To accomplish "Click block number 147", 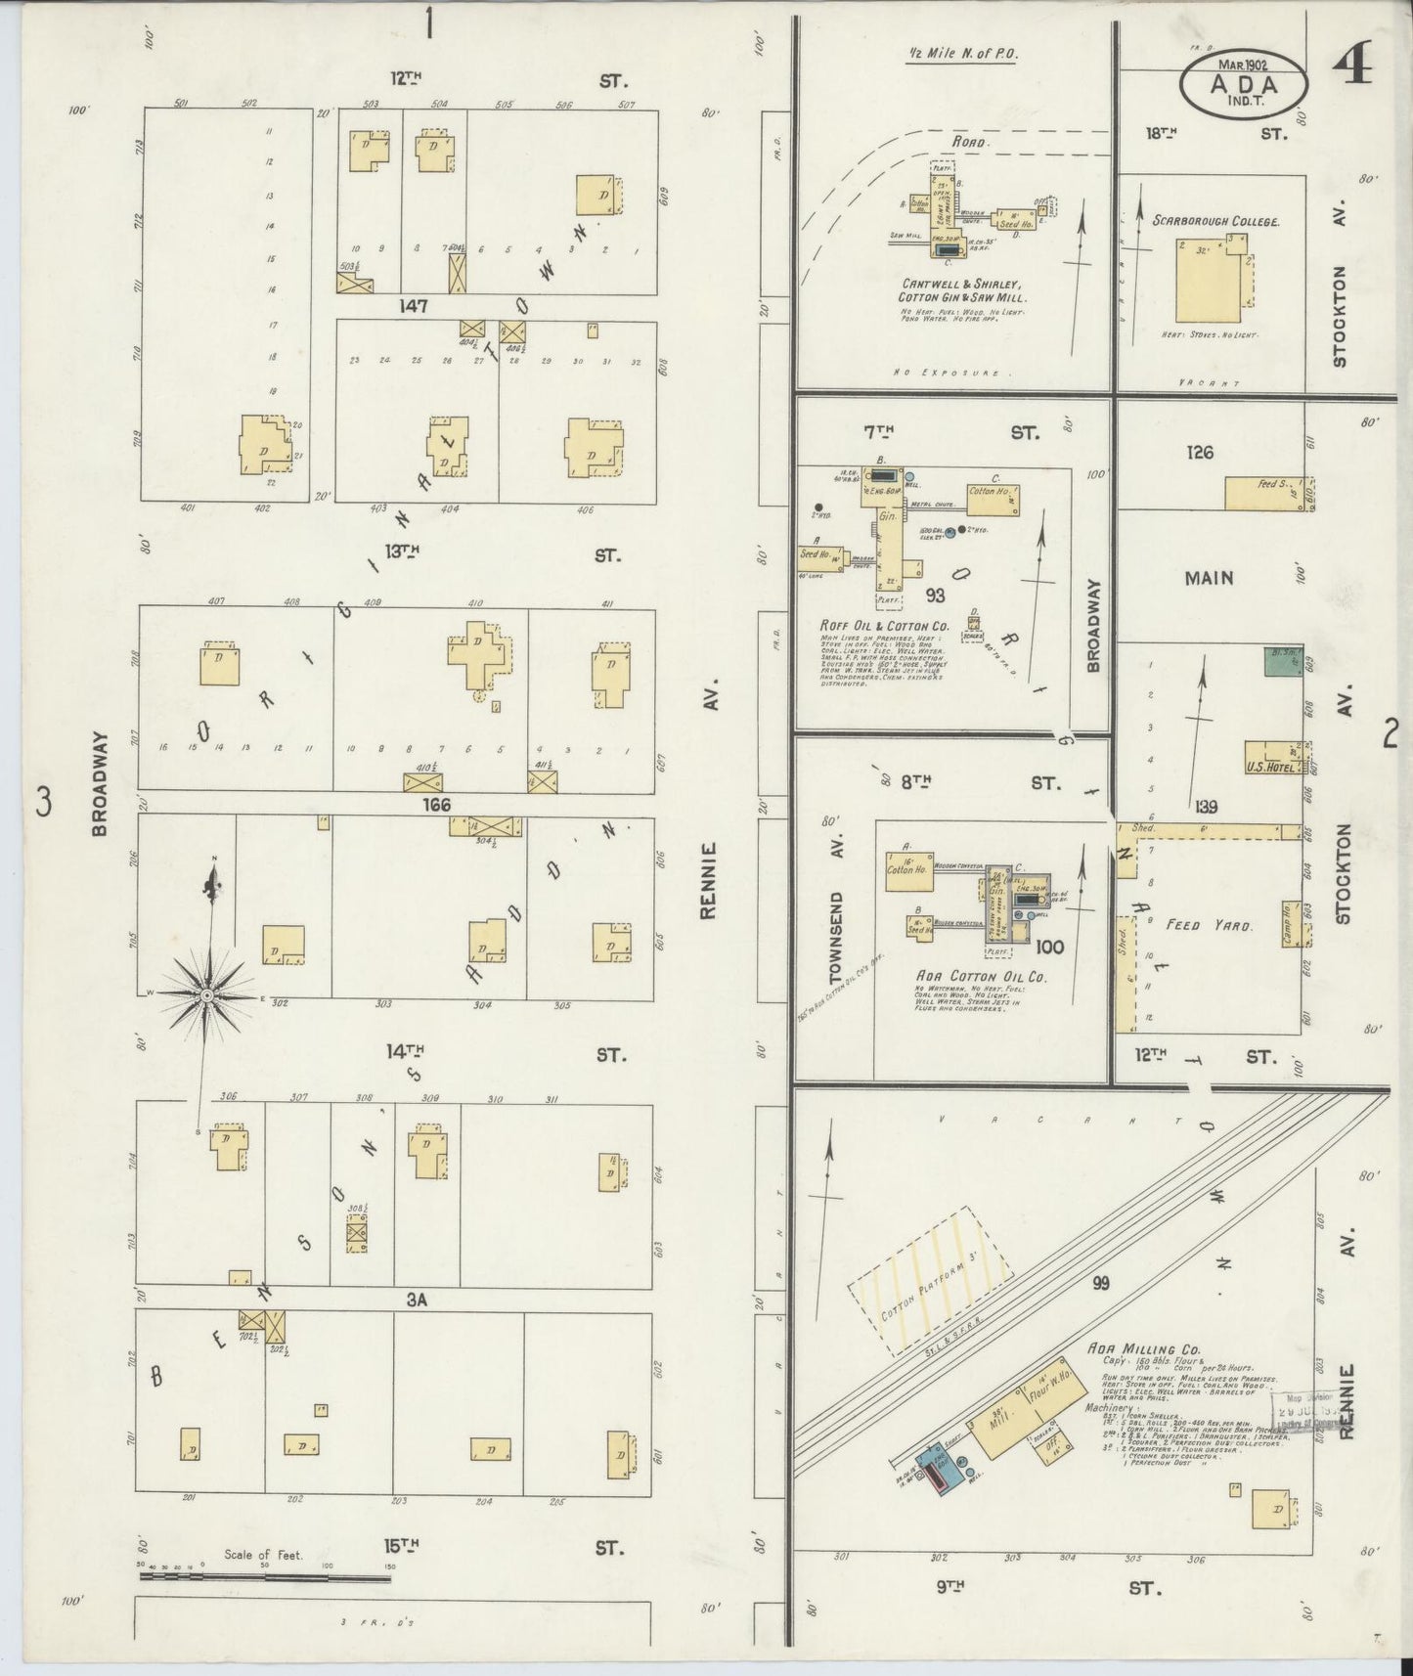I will [x=413, y=307].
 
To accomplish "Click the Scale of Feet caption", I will [x=264, y=1554].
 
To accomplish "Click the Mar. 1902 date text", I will [x=1242, y=65].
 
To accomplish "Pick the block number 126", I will [x=1199, y=452].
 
